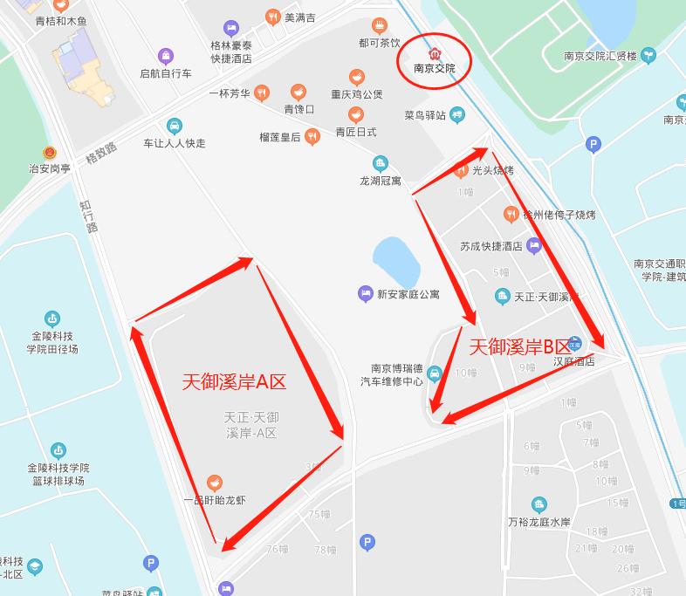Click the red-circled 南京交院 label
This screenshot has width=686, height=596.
(x=434, y=67)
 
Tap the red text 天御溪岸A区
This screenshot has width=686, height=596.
(x=234, y=381)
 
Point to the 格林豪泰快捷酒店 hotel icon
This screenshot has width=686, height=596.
(x=230, y=29)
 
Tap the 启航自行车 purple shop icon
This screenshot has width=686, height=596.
(x=165, y=57)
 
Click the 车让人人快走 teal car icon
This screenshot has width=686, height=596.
(x=175, y=126)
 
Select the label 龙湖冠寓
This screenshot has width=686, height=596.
(x=380, y=181)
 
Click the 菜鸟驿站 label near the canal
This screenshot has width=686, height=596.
(x=425, y=115)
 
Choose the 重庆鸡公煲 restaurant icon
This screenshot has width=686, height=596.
(x=356, y=78)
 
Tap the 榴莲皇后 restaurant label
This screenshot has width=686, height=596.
(x=279, y=136)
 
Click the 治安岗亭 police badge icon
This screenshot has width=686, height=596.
(x=50, y=153)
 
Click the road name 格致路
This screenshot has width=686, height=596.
(x=99, y=154)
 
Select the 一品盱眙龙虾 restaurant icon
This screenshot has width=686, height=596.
(x=215, y=483)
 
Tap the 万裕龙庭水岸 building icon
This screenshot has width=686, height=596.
(x=539, y=504)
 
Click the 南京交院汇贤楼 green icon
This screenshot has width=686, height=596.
(x=648, y=56)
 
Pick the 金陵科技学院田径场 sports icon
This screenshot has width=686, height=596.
(x=53, y=319)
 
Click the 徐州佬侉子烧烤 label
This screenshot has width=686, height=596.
(x=559, y=215)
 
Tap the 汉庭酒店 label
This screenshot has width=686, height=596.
(x=573, y=361)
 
